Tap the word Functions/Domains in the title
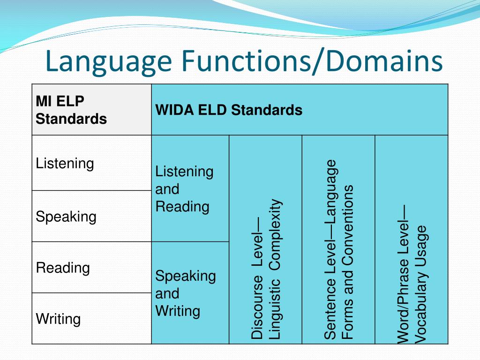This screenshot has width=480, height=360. coord(312,61)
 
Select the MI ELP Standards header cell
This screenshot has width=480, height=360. coord(91,110)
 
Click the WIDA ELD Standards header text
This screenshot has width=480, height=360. coord(229,110)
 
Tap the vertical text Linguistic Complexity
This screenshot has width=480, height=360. coord(276,269)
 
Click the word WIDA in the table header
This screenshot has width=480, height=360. coord(174,110)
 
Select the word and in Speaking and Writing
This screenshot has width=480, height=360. coord(167,293)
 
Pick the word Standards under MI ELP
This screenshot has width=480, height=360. coord(71,119)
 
